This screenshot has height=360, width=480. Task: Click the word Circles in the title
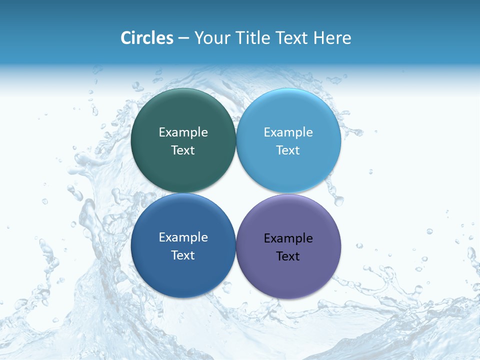point(147,38)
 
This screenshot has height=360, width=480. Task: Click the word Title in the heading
point(252,38)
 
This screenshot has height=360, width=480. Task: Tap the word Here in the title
point(332,38)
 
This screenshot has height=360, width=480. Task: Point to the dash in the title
point(183,38)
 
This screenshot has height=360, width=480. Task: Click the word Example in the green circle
point(183,132)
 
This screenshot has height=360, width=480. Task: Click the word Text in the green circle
point(183,150)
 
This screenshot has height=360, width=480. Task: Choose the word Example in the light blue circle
point(288,132)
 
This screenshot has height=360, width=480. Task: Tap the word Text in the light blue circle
point(288,150)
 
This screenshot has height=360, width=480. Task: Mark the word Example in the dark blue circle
point(183,237)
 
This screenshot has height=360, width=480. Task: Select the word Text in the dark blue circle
point(183,255)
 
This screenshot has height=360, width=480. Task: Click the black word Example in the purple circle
point(288,238)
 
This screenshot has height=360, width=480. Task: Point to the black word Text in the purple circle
point(288,256)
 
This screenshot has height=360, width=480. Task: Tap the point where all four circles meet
point(236,193)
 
